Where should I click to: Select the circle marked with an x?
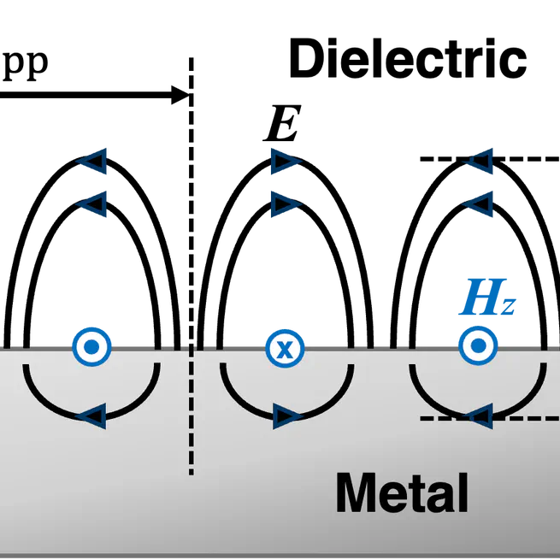284,348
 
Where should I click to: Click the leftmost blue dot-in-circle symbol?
91,346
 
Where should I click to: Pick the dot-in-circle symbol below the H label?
477,346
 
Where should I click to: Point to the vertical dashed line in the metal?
192,410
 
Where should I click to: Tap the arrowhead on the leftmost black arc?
91,417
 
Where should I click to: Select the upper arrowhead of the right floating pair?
482,160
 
